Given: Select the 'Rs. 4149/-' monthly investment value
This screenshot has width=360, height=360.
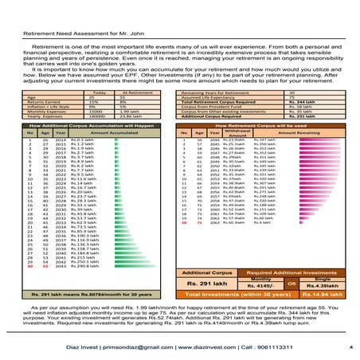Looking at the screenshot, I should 256,307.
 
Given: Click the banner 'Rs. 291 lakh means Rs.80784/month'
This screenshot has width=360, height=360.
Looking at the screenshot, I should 88,318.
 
